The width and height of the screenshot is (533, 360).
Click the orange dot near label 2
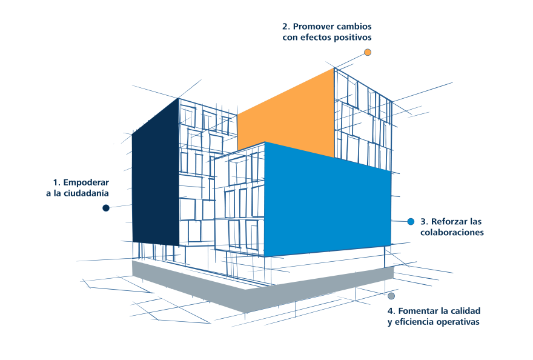click(x=368, y=52)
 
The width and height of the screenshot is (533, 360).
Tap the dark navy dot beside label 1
click(x=106, y=207)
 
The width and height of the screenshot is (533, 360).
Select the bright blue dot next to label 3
click(x=411, y=221)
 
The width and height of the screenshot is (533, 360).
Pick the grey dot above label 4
click(x=391, y=296)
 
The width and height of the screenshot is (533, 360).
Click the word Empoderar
click(x=86, y=182)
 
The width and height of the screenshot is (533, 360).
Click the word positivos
click(x=353, y=38)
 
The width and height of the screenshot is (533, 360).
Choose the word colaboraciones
click(x=452, y=232)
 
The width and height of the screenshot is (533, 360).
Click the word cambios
click(x=354, y=27)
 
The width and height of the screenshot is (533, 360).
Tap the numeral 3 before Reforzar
click(x=423, y=222)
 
